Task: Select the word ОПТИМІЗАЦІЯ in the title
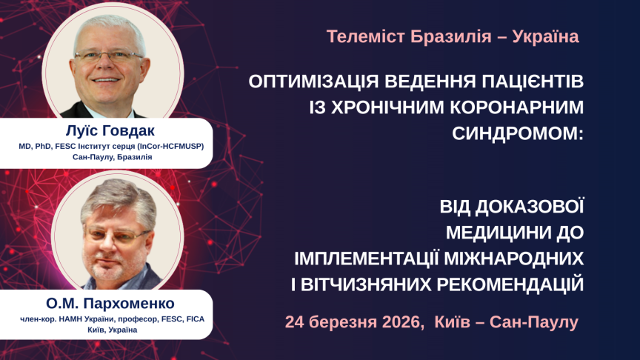click(314, 79)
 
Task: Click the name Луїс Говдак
click(112, 132)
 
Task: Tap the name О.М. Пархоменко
click(110, 304)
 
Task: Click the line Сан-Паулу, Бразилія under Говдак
click(112, 158)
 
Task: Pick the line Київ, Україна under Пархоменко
click(110, 330)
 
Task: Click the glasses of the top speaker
click(110, 55)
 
